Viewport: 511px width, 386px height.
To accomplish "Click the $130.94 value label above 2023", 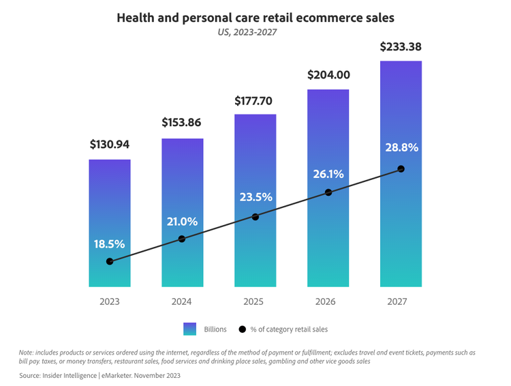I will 110,145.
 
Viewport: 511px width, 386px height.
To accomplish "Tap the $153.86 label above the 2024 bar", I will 183,123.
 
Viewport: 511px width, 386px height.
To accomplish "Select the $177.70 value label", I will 253,101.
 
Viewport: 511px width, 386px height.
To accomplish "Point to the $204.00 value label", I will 328,75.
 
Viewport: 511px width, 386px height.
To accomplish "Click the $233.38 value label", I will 401,47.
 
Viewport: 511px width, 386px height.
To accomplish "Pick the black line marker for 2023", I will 110,261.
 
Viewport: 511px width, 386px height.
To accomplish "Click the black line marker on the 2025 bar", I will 255,217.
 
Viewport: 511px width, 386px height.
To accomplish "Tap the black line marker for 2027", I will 401,168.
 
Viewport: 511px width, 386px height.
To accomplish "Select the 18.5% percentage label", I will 110,243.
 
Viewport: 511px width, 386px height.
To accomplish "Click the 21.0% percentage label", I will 183,221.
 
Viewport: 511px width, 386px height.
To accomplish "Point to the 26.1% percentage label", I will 328,174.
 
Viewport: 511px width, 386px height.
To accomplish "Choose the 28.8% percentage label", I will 401,147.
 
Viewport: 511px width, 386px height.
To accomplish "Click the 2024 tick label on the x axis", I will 183,301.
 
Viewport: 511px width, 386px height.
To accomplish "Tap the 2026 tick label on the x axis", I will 328,301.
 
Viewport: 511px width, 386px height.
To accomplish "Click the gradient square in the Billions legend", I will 189,329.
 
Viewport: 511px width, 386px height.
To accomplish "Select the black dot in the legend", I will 242,329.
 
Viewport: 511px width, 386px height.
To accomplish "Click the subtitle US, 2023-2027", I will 255,32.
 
